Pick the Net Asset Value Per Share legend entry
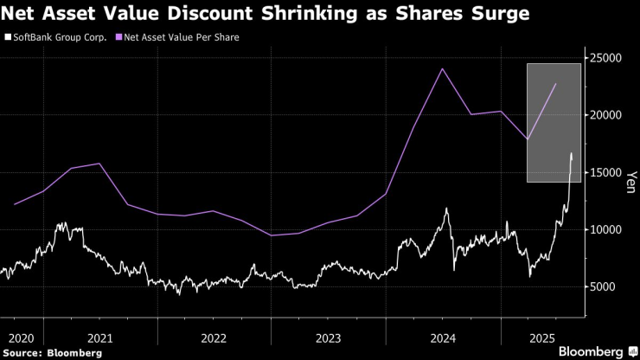(184, 37)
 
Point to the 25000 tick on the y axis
(606, 58)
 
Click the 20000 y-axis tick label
(606, 115)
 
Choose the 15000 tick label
(606, 172)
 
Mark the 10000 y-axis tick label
(606, 229)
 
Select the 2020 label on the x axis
(22, 337)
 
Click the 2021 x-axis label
(100, 337)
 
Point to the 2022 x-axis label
(214, 337)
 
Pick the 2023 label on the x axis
(329, 337)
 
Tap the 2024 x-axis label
(443, 337)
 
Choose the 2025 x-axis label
(541, 337)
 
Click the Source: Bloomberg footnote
(52, 352)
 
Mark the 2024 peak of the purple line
(442, 69)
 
